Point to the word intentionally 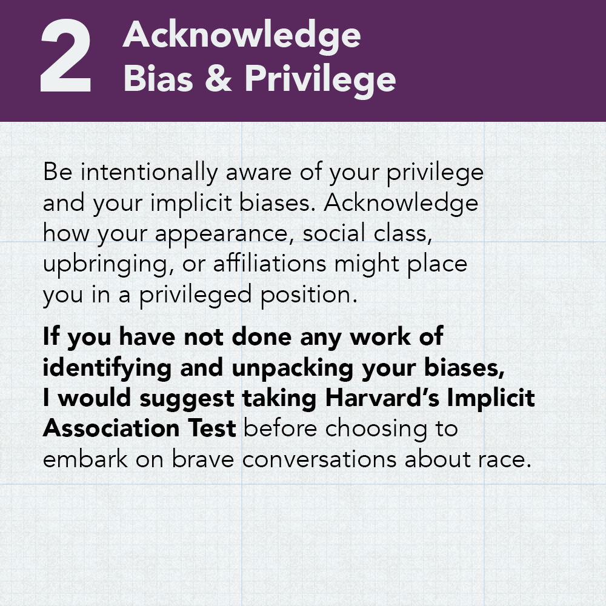[x=149, y=173]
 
